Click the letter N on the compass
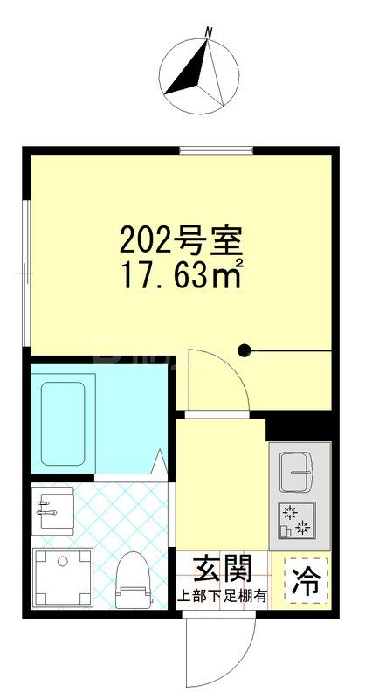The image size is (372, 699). [208, 32]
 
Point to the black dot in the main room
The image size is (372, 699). [245, 351]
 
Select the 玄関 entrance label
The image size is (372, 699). [223, 570]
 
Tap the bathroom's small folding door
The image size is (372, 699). [160, 464]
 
